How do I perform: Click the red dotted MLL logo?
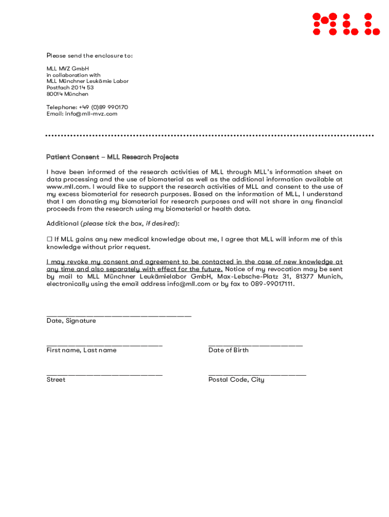coord(346,24)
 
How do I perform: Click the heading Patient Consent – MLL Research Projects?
coord(112,157)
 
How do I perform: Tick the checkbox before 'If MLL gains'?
coord(50,239)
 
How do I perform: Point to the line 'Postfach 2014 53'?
coord(70,87)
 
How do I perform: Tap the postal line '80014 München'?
coord(67,94)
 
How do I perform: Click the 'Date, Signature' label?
coord(71,321)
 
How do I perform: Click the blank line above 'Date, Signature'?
coord(119,316)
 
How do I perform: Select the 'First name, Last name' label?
coord(81,350)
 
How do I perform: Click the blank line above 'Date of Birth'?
coord(255,345)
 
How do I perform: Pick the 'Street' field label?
coord(56,379)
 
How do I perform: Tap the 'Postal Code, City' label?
coord(236,379)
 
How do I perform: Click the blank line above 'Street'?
coord(104,374)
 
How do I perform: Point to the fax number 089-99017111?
coord(272,284)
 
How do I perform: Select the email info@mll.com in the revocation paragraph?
coord(188,284)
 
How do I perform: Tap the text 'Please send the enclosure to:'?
coord(89,56)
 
